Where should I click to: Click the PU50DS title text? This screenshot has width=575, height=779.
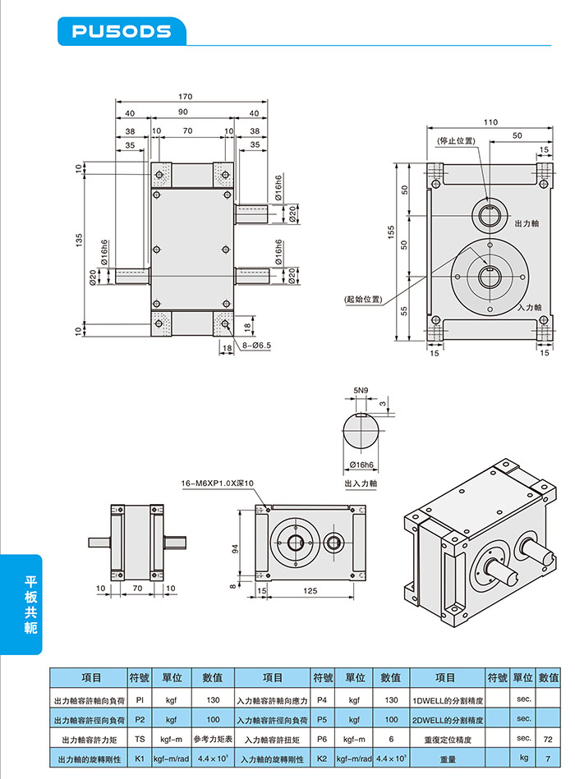click(122, 31)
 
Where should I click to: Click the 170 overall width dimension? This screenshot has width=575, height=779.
click(186, 95)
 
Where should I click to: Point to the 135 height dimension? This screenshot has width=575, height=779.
click(80, 241)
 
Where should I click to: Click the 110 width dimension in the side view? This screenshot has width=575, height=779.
click(490, 121)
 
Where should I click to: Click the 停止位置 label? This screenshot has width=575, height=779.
click(457, 141)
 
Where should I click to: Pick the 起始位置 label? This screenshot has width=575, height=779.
click(363, 299)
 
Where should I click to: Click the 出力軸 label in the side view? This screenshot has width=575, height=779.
click(526, 223)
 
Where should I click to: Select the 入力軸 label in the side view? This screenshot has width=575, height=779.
click(530, 307)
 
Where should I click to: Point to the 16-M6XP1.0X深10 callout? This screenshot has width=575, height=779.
click(218, 483)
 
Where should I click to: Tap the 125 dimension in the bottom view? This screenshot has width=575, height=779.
click(310, 589)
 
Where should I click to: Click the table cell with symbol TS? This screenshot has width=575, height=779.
click(140, 740)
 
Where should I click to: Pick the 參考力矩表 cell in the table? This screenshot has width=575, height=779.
click(213, 740)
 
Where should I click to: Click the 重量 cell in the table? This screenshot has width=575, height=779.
click(447, 760)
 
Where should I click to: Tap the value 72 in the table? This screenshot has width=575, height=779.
click(547, 740)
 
